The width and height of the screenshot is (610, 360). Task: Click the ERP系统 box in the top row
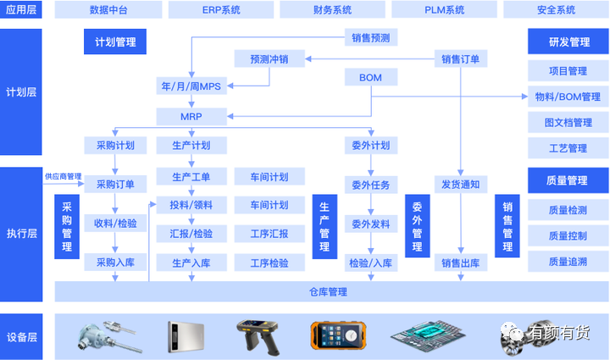click(222, 10)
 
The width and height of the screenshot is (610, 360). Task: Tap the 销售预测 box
click(370, 37)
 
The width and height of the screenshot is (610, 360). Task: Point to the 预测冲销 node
click(269, 59)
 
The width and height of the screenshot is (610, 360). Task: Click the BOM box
click(370, 78)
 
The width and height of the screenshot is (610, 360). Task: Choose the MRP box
click(191, 115)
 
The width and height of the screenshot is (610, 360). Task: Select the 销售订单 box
click(461, 59)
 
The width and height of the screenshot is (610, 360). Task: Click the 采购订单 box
click(115, 184)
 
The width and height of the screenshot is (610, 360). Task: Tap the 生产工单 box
click(191, 177)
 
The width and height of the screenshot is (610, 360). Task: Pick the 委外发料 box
click(370, 224)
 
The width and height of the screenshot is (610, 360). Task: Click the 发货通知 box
click(461, 184)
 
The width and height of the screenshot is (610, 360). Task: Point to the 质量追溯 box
click(568, 263)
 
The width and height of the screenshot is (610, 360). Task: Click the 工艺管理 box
click(568, 148)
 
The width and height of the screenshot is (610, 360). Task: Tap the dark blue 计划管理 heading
click(115, 42)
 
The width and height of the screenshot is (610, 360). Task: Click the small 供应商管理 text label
click(64, 176)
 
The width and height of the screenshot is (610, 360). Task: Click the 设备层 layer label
click(21, 337)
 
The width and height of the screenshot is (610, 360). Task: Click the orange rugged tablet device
click(341, 336)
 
